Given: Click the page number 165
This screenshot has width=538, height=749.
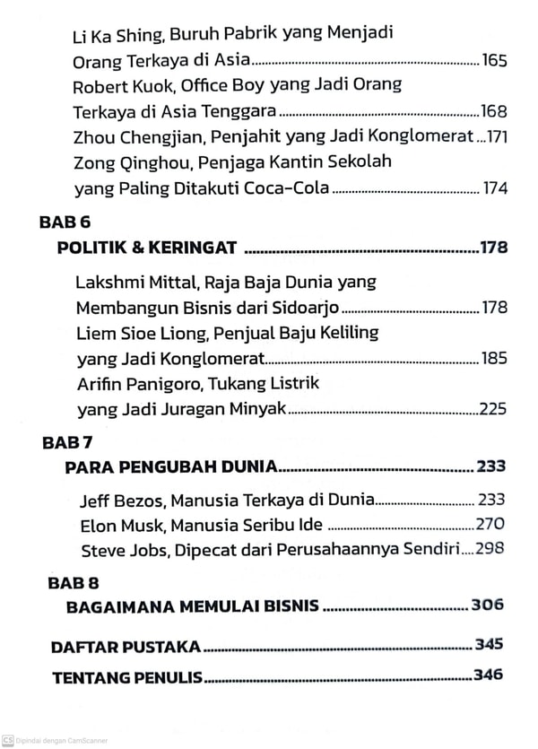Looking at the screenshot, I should [494, 62].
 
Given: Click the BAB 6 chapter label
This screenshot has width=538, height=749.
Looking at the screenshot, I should [66, 221].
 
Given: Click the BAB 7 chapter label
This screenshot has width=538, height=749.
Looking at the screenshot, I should [68, 441].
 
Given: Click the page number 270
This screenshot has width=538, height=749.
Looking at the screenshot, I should [490, 525].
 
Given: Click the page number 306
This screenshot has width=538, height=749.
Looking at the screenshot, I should [488, 605].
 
